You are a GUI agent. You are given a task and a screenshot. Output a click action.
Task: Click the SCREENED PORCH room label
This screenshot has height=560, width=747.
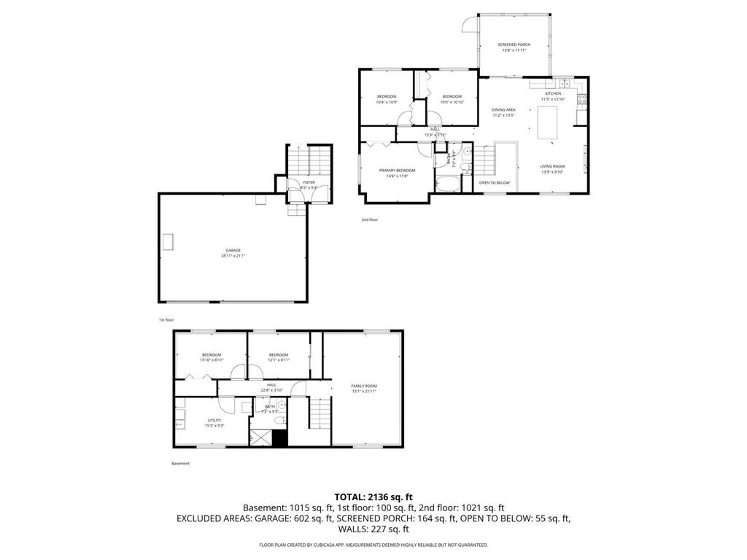point(514,44)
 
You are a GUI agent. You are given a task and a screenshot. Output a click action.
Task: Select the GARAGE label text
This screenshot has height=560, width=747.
point(233,250)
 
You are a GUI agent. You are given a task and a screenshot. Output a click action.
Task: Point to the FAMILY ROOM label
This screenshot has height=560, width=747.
point(364,386)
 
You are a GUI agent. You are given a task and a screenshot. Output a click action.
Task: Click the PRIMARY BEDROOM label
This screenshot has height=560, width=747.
point(397,170)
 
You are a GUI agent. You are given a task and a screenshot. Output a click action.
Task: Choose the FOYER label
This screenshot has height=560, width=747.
point(309,182)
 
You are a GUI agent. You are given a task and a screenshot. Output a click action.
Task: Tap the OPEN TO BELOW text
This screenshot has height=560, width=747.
point(495,182)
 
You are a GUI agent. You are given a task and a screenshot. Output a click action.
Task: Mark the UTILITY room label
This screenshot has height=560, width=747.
point(214,420)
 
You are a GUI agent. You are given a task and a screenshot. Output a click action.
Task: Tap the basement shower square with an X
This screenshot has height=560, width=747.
point(259,437)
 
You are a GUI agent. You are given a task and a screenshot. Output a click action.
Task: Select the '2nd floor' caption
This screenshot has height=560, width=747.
point(369,219)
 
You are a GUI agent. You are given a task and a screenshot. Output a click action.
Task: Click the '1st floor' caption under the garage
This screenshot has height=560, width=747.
point(166,320)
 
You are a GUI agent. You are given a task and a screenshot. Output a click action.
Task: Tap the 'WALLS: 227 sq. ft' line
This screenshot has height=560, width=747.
point(373,530)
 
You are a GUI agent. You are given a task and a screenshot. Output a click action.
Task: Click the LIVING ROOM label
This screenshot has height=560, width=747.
point(552,166)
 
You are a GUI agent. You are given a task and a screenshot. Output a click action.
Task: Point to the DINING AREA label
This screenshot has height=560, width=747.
point(503,109)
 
